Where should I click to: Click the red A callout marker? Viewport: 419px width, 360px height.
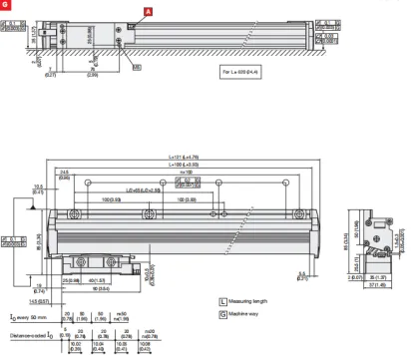click(x=150, y=10)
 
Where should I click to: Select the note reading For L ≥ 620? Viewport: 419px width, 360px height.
click(x=241, y=72)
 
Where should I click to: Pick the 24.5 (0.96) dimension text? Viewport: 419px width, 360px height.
click(x=92, y=175)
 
